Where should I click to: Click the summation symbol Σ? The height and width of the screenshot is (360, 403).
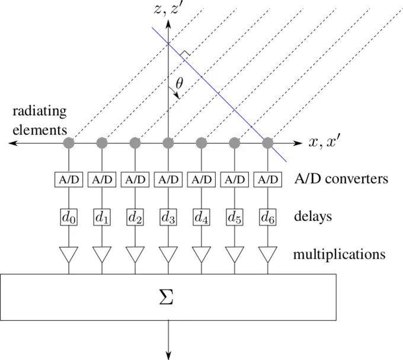(x=168, y=297)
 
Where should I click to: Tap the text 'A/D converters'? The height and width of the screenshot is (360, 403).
(x=341, y=179)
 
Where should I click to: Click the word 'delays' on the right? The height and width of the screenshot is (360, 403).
(x=312, y=217)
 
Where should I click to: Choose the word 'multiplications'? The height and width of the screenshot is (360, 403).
(x=339, y=255)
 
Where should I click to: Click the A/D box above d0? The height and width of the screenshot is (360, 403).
(x=69, y=179)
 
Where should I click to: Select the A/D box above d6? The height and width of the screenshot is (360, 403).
(x=268, y=179)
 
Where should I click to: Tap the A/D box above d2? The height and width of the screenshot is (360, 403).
(x=136, y=179)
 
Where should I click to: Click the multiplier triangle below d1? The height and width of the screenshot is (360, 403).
(x=103, y=254)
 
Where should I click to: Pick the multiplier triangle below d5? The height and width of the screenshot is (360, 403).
(x=235, y=254)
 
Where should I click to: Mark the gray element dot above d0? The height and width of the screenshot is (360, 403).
(x=69, y=143)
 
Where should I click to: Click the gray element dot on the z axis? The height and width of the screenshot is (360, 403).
(x=169, y=143)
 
